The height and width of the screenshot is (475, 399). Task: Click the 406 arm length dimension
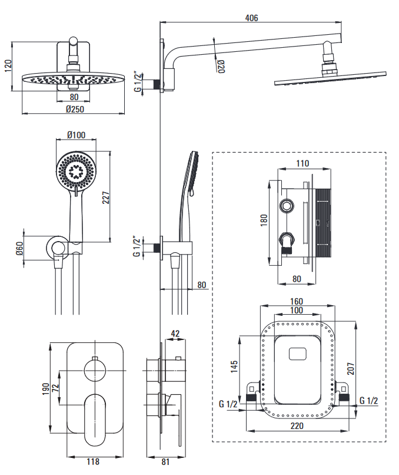tap(251, 18)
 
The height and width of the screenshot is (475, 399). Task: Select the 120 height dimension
tap(8, 65)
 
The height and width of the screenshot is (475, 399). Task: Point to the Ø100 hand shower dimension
tap(76, 135)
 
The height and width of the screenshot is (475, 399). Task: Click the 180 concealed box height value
tap(264, 219)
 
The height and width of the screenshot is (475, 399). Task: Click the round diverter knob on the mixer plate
tap(95, 370)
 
